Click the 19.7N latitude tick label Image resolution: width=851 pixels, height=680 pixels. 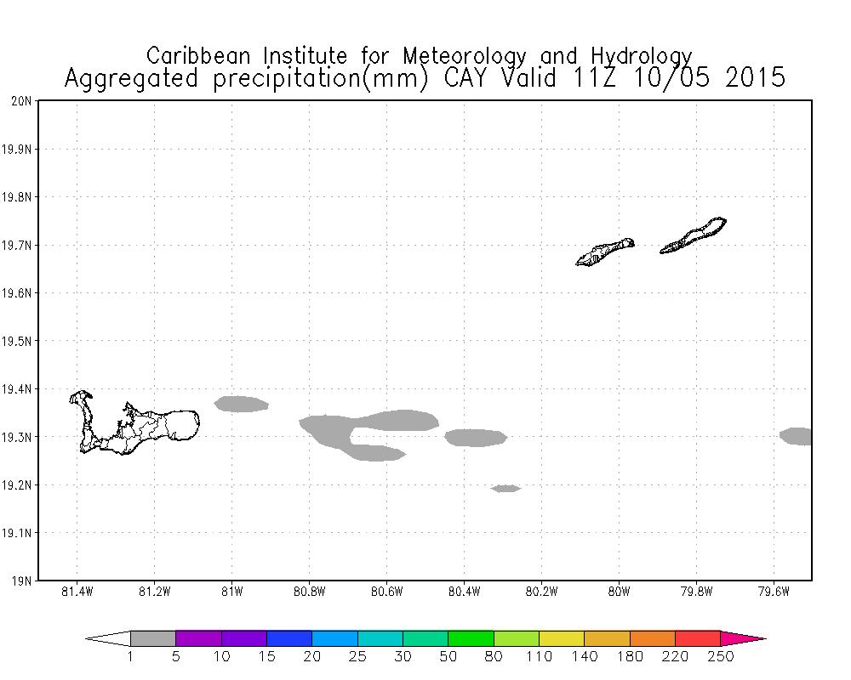click(x=19, y=246)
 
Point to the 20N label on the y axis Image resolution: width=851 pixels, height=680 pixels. click(x=23, y=101)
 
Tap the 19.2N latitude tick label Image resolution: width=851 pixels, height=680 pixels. click(x=19, y=485)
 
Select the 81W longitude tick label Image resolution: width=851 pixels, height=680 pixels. click(x=231, y=592)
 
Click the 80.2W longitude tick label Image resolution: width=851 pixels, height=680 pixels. click(x=541, y=592)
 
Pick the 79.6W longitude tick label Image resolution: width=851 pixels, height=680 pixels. click(x=774, y=592)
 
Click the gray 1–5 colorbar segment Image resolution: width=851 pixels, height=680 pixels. click(x=153, y=638)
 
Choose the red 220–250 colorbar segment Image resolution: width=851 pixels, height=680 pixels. click(x=698, y=638)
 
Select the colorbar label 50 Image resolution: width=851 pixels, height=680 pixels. click(x=448, y=656)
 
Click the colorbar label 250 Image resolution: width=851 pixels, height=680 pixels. click(x=721, y=656)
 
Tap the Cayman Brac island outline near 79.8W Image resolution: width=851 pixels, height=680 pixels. click(x=694, y=235)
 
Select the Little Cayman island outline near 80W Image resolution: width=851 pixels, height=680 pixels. click(x=605, y=252)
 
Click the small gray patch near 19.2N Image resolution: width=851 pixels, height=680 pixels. click(x=505, y=488)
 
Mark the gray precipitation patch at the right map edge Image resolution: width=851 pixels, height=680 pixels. click(x=797, y=436)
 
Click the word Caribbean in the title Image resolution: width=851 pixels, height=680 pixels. click(x=202, y=56)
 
